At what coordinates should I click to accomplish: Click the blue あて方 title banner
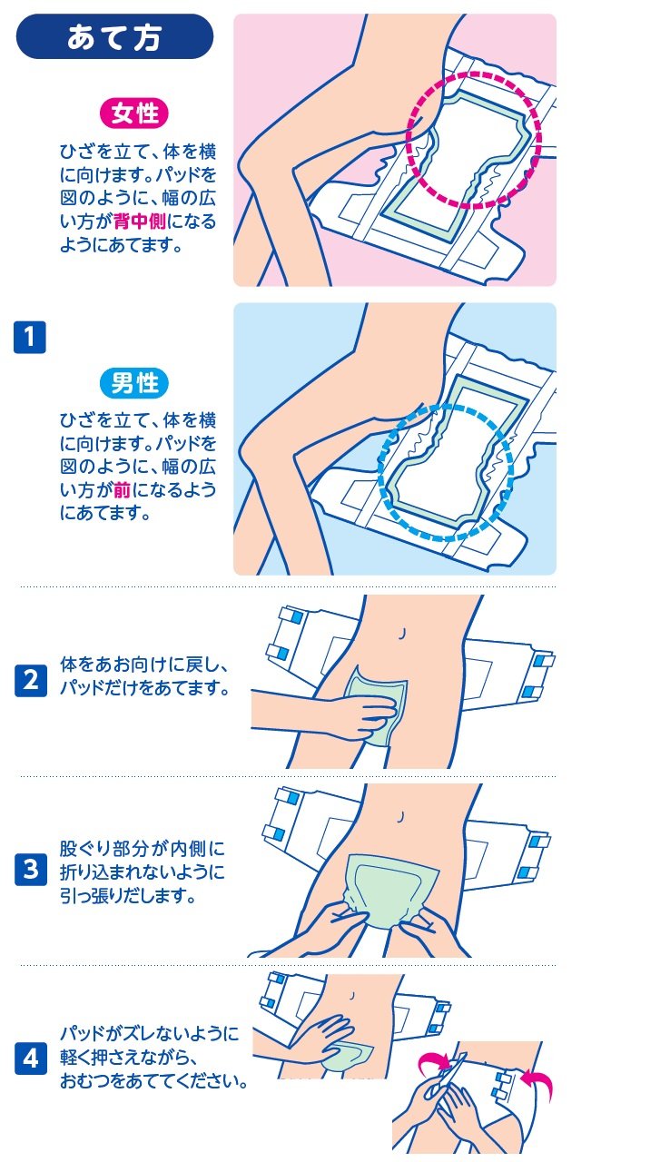tap(114, 36)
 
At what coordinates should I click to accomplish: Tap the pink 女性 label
tap(134, 113)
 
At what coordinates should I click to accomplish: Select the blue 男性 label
tap(134, 383)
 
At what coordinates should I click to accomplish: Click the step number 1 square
tap(30, 337)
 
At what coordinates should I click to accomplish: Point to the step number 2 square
tap(31, 680)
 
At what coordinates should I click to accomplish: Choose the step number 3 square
tap(31, 869)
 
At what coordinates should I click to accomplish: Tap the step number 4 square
tap(31, 1058)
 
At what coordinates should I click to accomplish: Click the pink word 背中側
tap(140, 222)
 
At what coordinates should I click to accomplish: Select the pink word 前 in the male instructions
tap(122, 489)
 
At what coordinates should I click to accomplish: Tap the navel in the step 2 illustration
tap(402, 634)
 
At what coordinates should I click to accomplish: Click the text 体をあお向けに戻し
tap(143, 665)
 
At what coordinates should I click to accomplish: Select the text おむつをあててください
tap(153, 1081)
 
